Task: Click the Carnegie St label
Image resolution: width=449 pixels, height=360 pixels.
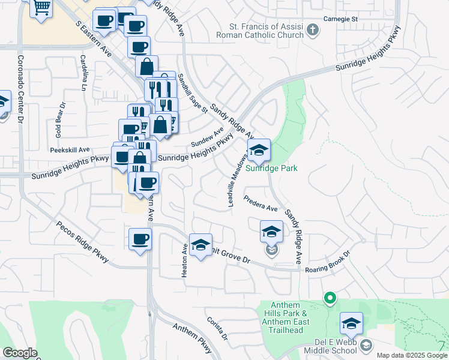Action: tap(341, 19)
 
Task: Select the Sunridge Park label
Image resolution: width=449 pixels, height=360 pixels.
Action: tap(276, 169)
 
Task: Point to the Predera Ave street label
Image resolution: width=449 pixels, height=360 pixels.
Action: tap(261, 203)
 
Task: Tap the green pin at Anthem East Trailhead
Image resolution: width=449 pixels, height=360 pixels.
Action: tap(329, 297)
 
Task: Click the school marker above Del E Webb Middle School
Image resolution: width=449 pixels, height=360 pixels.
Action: tap(351, 323)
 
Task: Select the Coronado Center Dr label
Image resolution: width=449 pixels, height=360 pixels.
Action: tap(20, 90)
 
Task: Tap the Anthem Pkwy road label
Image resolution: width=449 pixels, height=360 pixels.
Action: tap(192, 338)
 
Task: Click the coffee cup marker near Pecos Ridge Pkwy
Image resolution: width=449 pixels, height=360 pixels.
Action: tap(140, 239)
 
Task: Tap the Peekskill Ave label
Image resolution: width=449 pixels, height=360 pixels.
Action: tap(70, 150)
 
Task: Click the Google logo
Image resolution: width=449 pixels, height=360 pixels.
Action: tap(20, 353)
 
